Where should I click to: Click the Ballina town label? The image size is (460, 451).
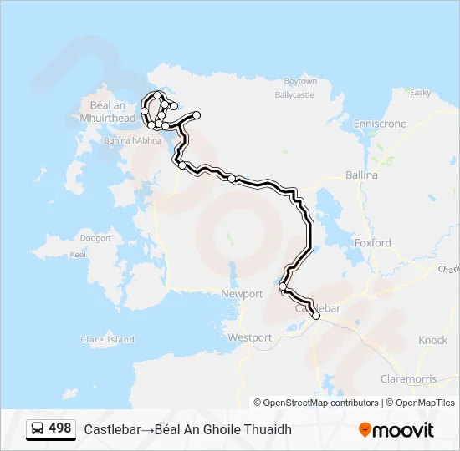(361, 175)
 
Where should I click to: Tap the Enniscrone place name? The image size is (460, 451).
(379, 124)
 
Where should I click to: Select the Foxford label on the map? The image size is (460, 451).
(372, 243)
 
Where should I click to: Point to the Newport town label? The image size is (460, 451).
(242, 294)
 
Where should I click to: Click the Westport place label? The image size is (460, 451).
(250, 337)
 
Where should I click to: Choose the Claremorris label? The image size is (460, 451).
(406, 378)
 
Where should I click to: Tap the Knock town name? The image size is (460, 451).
(433, 340)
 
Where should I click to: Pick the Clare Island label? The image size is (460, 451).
(107, 340)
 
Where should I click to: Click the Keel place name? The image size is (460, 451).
(78, 254)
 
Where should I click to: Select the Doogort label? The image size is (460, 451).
(95, 238)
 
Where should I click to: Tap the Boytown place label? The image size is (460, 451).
(300, 81)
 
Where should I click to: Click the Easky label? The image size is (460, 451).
(420, 92)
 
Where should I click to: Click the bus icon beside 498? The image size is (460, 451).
(37, 429)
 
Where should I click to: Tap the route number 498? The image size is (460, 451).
(60, 428)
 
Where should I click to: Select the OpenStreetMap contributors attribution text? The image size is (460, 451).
(317, 403)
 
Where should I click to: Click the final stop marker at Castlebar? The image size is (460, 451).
(316, 316)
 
